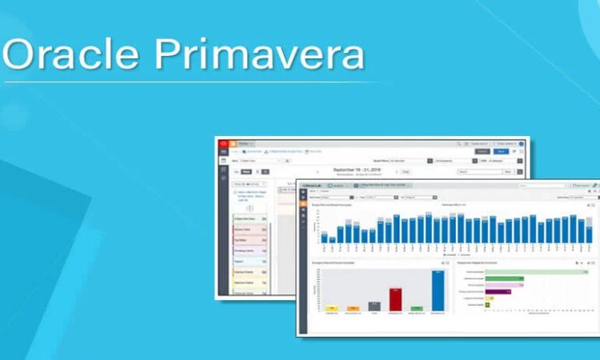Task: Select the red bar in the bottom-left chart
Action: (x=395, y=298)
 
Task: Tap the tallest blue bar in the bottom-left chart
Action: (x=438, y=290)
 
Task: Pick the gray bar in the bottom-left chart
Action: (x=374, y=306)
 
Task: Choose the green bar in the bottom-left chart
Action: (x=416, y=308)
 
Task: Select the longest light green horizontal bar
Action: (x=536, y=272)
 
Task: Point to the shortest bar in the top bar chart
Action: (x=323, y=238)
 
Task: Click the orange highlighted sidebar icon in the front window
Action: (x=303, y=194)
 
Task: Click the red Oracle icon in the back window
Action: (x=223, y=144)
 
